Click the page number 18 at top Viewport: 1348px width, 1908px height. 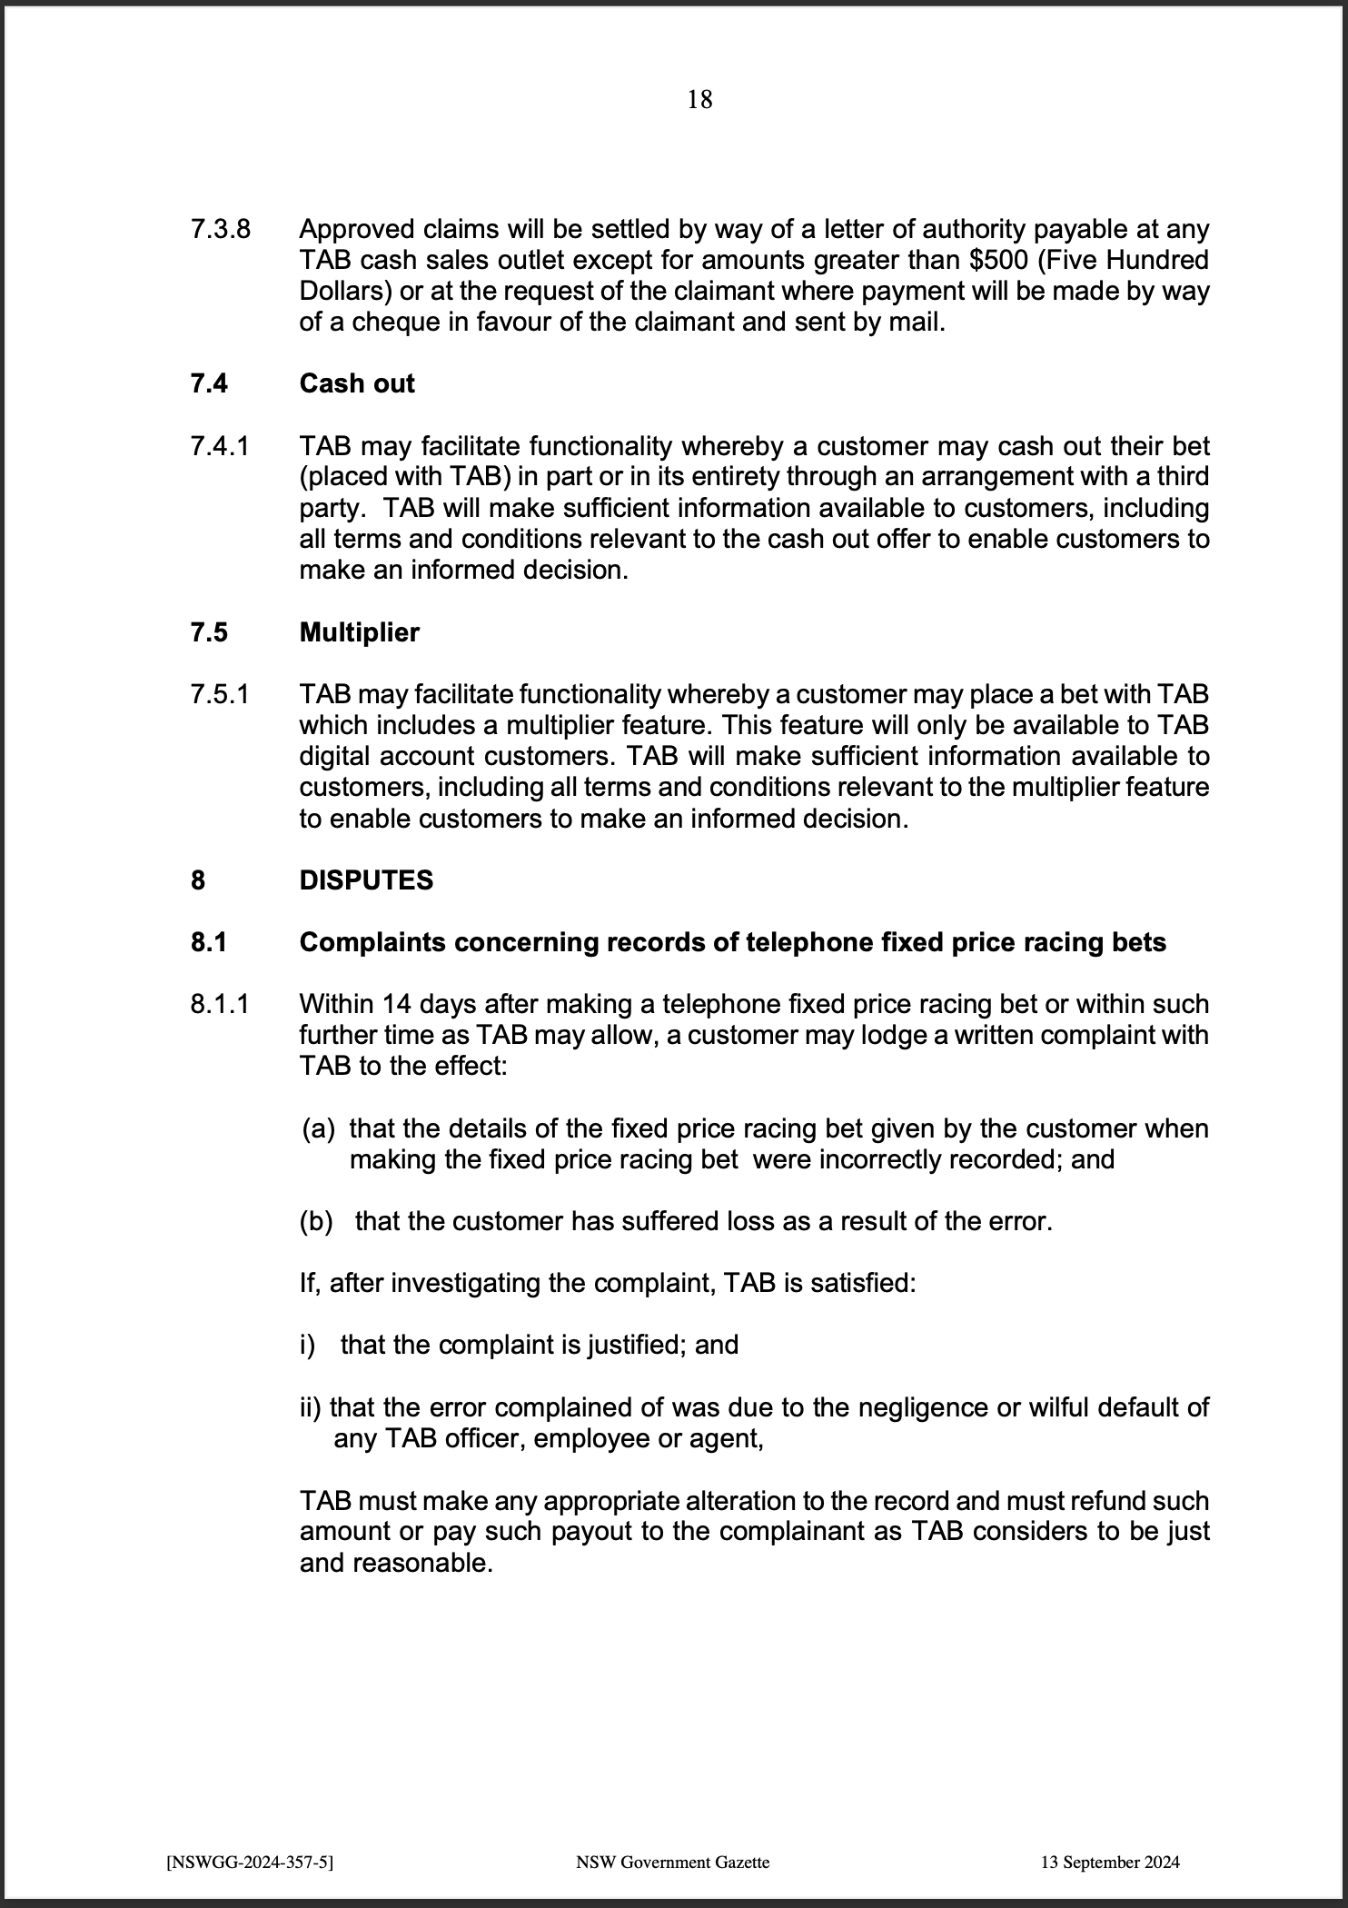[x=699, y=99]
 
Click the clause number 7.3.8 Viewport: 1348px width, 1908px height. [x=220, y=229]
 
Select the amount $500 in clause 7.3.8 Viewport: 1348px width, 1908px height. [x=1001, y=260]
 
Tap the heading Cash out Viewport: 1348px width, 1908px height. [x=357, y=383]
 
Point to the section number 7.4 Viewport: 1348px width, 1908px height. [x=209, y=383]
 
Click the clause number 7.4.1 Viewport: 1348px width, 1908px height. [x=220, y=446]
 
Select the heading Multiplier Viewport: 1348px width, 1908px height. [x=360, y=632]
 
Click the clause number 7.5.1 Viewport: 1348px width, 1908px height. [x=220, y=694]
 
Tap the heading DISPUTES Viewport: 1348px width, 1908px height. [x=366, y=880]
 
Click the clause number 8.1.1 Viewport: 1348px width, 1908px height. [x=220, y=1004]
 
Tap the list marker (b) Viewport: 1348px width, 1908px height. [x=317, y=1221]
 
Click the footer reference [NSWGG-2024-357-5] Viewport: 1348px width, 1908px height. [x=251, y=1862]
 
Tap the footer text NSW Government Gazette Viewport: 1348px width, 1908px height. [x=673, y=1862]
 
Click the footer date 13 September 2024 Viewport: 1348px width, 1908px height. [x=1110, y=1862]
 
